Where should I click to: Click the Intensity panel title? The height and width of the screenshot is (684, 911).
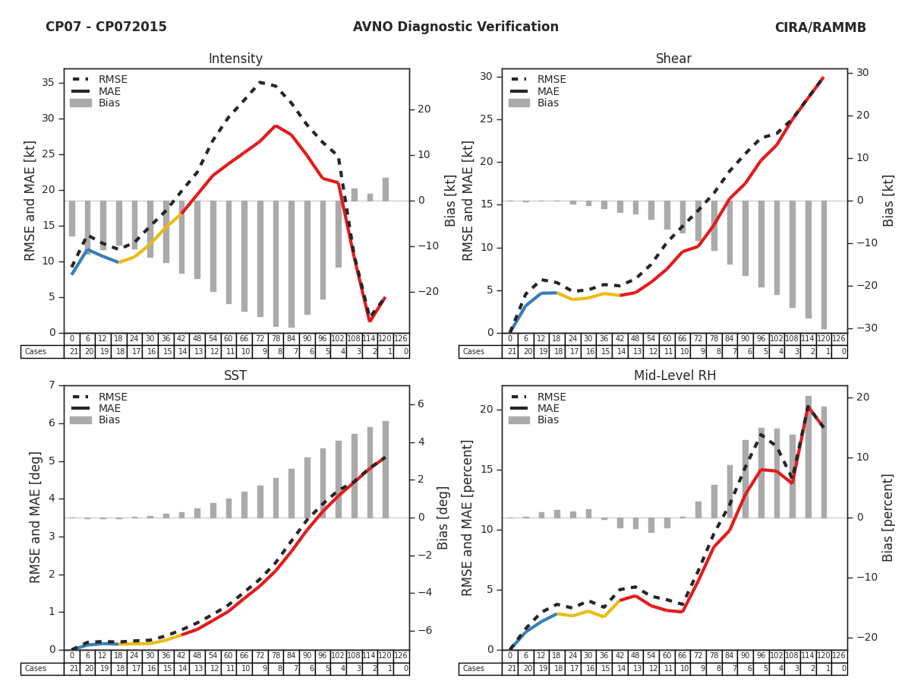tap(235, 59)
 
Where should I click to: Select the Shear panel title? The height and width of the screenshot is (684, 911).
tap(674, 59)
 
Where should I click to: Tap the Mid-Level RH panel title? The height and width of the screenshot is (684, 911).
tap(674, 376)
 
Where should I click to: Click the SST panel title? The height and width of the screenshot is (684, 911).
tap(235, 376)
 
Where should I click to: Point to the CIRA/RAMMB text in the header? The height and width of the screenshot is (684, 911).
tap(820, 27)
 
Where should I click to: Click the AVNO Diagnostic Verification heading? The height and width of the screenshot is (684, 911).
tap(455, 27)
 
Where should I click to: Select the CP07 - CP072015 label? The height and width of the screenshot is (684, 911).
tap(106, 27)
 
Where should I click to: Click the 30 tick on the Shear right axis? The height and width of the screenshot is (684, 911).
tap(862, 73)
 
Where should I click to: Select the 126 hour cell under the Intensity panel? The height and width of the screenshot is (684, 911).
tap(401, 339)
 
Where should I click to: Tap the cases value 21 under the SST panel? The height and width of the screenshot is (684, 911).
tap(72, 669)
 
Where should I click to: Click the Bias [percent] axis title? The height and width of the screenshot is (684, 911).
tap(888, 517)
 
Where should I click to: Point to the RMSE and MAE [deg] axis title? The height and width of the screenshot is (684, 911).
tap(36, 517)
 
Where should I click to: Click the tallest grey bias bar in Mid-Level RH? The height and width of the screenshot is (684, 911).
tap(809, 456)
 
